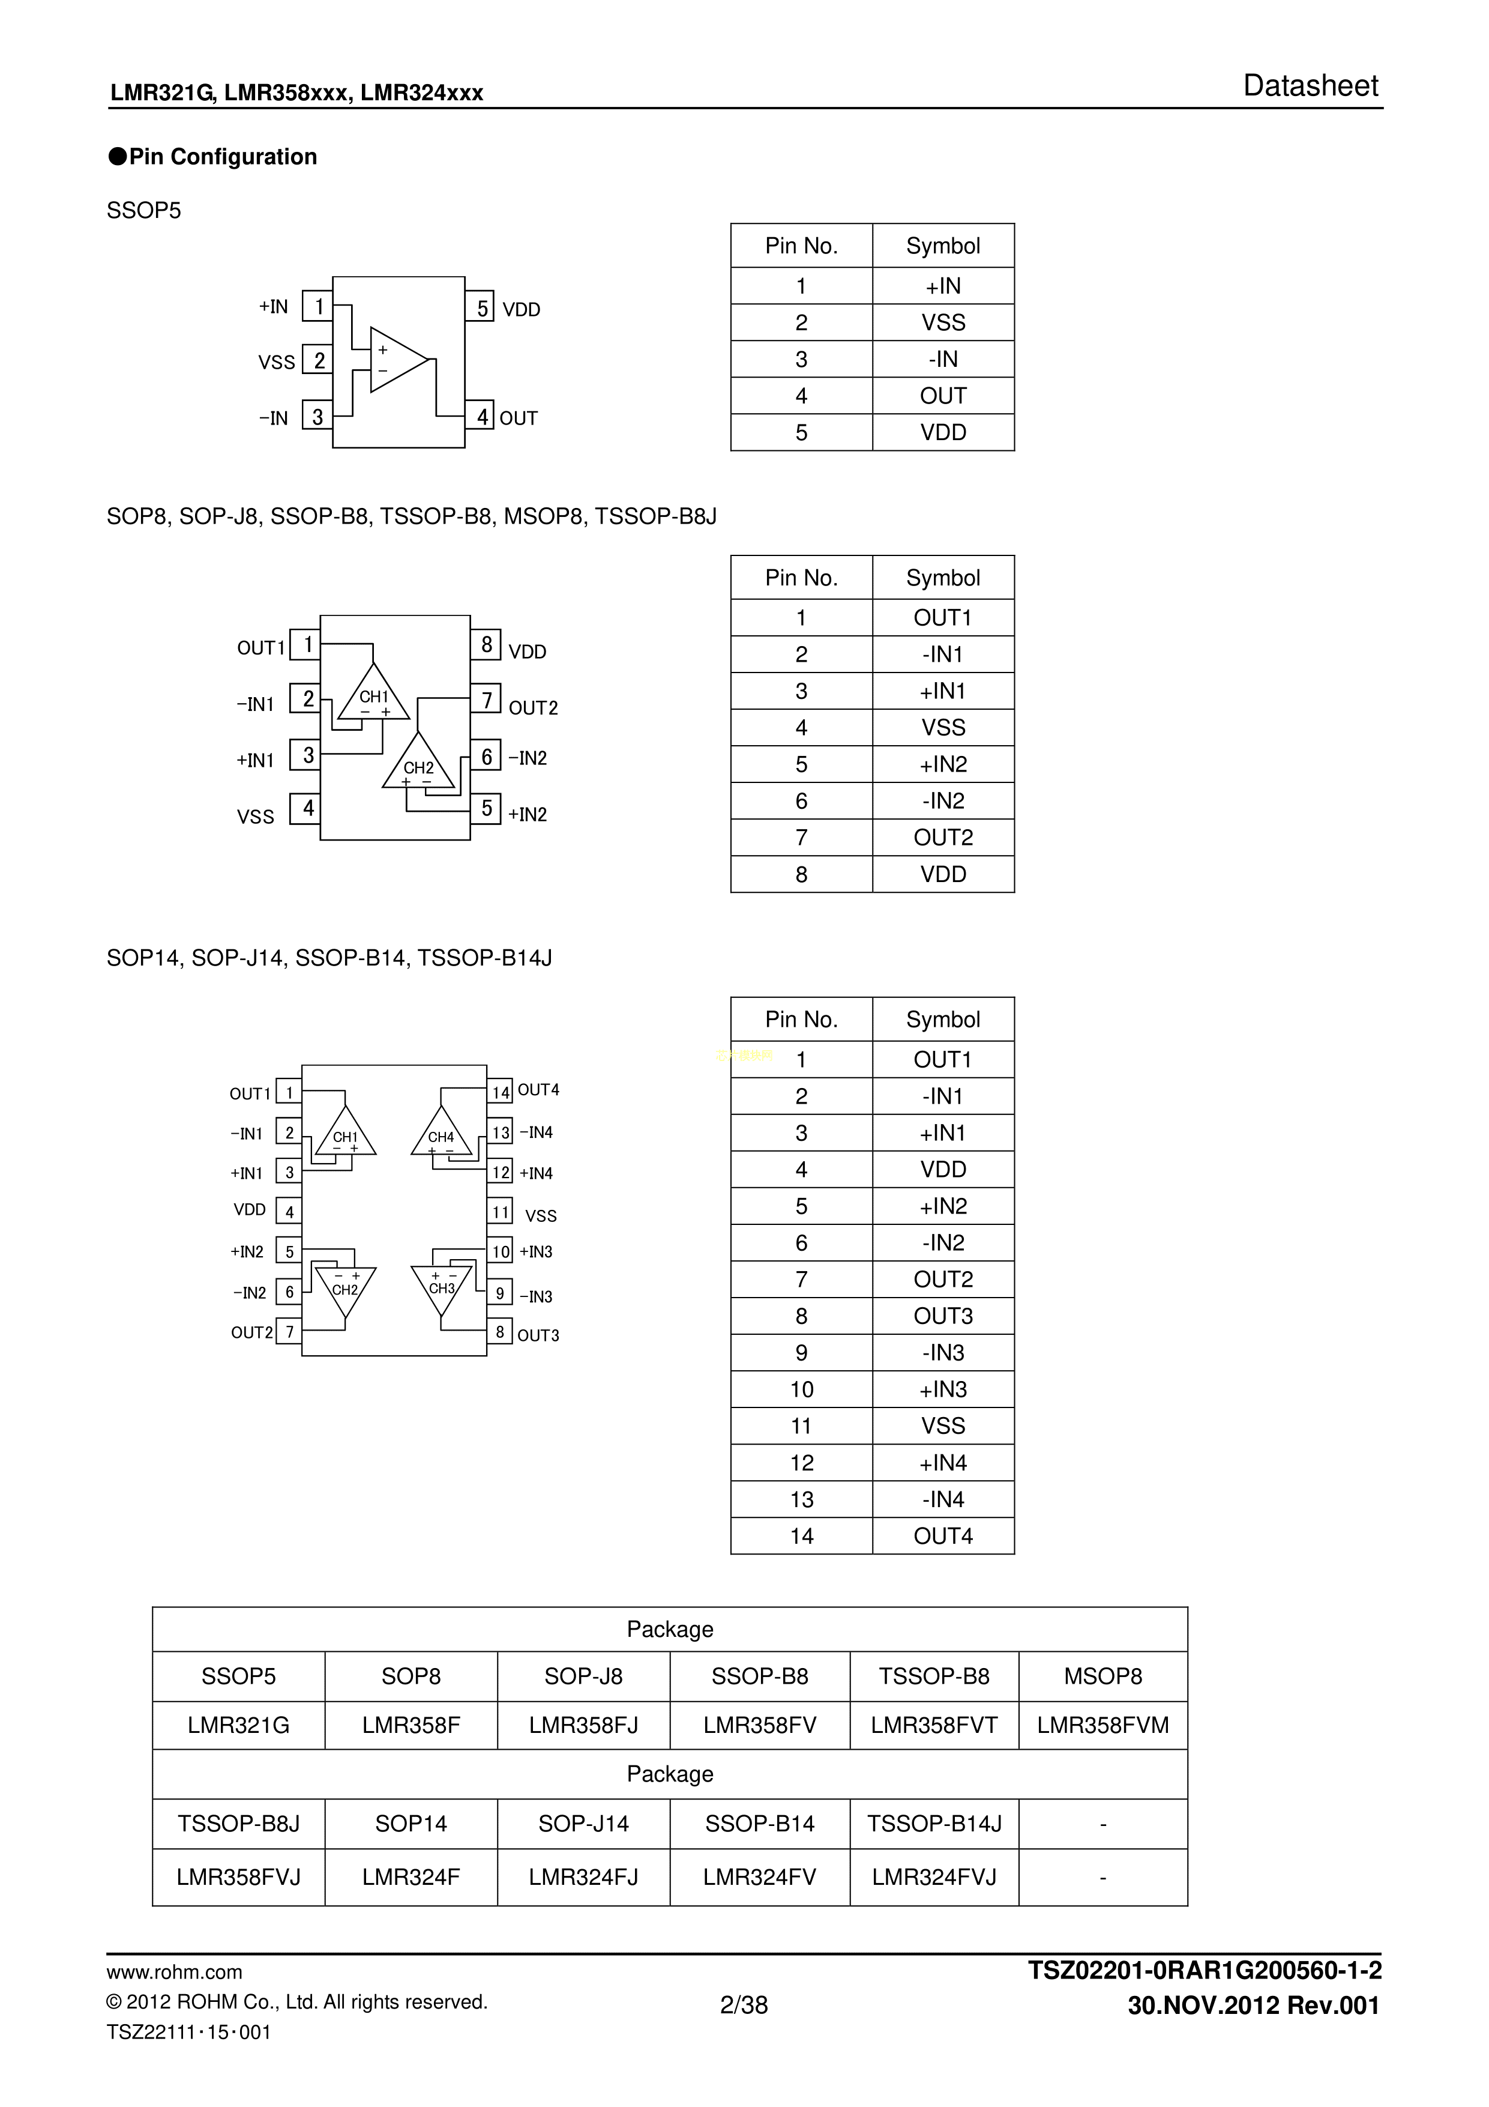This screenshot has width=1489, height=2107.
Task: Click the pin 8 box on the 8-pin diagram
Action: point(486,645)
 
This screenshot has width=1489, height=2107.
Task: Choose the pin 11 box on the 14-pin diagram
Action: point(500,1212)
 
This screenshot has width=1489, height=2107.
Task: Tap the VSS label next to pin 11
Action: point(540,1216)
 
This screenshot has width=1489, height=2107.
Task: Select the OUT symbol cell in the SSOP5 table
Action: point(943,396)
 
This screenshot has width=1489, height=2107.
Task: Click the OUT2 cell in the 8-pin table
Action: point(943,838)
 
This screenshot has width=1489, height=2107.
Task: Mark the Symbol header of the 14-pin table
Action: point(943,1020)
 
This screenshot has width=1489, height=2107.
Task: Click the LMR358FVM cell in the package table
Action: point(1102,1725)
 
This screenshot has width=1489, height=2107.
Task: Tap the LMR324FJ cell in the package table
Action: point(583,1876)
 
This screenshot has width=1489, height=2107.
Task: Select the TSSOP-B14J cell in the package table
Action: point(934,1824)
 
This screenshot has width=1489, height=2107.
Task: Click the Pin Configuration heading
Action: point(223,157)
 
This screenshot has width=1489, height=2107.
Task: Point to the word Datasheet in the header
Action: point(1310,86)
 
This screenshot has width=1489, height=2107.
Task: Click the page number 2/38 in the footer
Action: point(744,2005)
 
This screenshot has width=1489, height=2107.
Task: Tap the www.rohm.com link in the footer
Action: point(174,1972)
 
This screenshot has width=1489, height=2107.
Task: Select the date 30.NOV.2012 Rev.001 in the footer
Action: point(1253,2005)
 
